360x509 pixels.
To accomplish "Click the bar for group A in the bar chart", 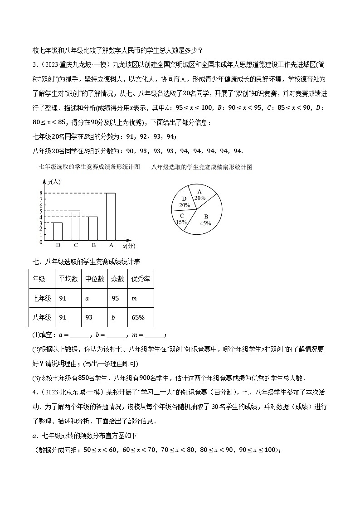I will (x=111, y=216).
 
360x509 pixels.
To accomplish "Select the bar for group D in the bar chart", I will (x=58, y=231).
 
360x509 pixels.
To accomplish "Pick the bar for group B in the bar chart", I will (x=93, y=228).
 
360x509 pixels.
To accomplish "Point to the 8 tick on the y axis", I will (x=41, y=193).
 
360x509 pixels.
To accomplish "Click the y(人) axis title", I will (x=54, y=182).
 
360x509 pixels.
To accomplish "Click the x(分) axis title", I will (x=129, y=246).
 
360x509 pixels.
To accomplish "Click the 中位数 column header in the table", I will (x=94, y=279).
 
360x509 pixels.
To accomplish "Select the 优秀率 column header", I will (x=141, y=279).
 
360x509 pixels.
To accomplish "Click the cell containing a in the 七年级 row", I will (x=94, y=298).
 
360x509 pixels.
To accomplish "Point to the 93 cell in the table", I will (x=94, y=317).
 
